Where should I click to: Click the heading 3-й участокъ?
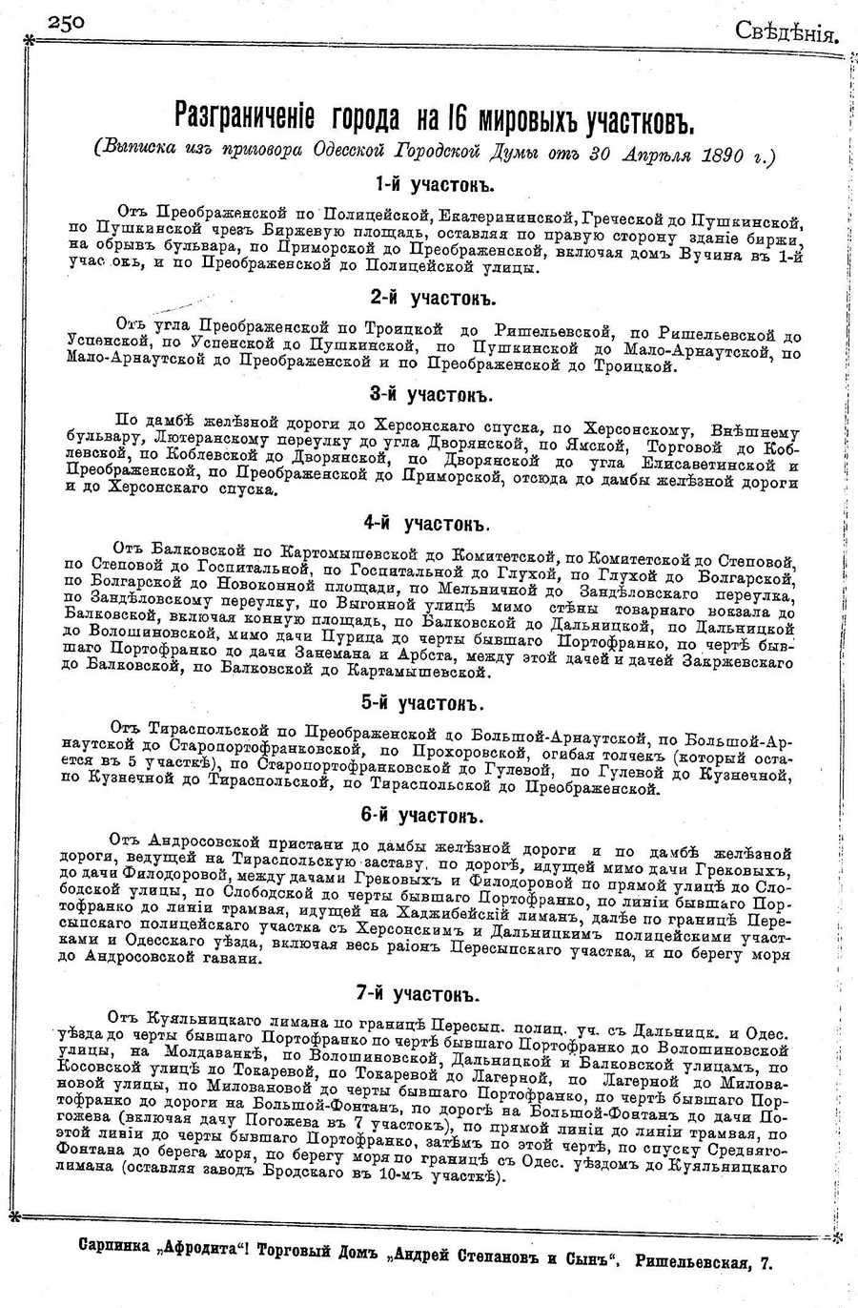[x=431, y=394]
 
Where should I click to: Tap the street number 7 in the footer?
[x=766, y=1263]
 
